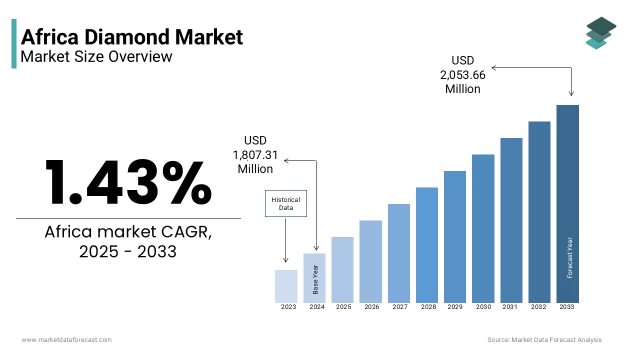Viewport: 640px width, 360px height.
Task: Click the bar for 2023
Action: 286,286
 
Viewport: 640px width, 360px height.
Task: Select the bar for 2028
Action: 427,245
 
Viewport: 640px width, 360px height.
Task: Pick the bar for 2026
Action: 370,261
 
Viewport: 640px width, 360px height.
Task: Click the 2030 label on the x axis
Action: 483,307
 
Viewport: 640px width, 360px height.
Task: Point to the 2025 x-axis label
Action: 343,307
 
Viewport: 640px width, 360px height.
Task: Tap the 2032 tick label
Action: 538,307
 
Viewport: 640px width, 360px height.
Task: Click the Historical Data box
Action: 286,203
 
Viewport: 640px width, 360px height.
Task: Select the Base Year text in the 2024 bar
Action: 315,279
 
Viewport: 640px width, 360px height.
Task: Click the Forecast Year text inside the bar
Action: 569,257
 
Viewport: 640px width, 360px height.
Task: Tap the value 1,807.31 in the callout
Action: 255,155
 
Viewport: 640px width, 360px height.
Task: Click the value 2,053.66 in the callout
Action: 462,75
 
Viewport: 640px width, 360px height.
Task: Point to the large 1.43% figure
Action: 128,182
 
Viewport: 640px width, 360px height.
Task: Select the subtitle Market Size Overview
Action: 96,56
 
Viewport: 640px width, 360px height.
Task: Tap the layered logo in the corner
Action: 601,32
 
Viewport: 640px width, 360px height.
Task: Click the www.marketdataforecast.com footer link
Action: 66,339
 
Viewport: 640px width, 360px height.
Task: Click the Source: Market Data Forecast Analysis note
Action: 544,339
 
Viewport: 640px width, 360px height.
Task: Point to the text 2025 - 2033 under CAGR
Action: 128,251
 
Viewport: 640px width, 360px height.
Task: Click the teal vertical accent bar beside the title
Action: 14,43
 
